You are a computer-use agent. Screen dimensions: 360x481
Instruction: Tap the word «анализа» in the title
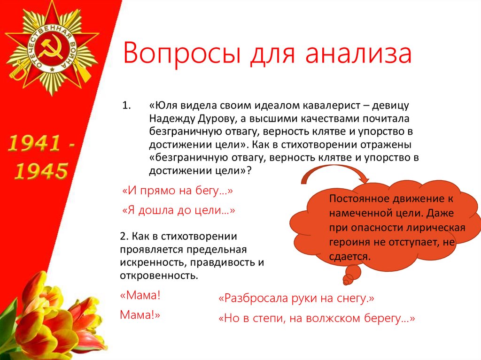click(357, 53)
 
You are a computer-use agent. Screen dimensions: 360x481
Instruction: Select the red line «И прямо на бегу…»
click(178, 191)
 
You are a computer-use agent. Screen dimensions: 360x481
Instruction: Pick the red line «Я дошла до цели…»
click(178, 211)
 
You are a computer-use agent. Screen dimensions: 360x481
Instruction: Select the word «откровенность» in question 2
click(158, 275)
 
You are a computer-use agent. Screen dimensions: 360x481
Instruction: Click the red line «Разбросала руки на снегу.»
click(296, 298)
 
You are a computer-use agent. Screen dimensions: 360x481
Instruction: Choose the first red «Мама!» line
click(140, 296)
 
